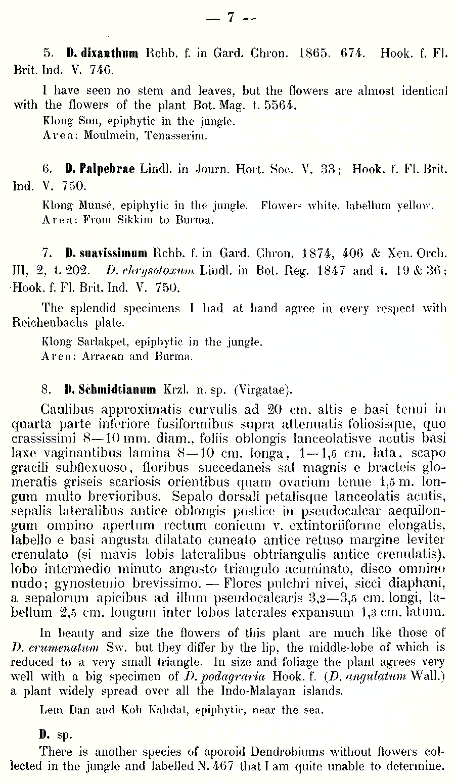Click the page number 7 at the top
pyautogui.click(x=230, y=17)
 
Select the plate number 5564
pyautogui.click(x=278, y=106)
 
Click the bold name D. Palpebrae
pyautogui.click(x=100, y=169)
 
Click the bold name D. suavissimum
pyautogui.click(x=106, y=253)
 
